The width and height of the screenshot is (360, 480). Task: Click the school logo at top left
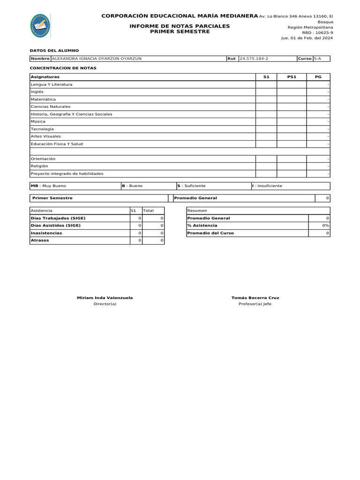40,26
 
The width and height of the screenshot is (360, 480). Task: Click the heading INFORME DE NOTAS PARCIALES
180,26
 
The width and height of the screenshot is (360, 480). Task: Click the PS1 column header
292,76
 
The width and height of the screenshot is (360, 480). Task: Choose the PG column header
318,76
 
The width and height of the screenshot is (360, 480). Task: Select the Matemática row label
43,99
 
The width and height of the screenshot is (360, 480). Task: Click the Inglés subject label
37,92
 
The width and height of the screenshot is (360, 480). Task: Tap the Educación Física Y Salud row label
56,144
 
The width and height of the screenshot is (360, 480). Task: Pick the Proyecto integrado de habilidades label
67,173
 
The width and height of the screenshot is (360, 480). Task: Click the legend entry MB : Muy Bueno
48,186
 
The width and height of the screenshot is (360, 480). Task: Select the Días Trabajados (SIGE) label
58,218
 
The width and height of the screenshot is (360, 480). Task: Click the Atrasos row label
39,240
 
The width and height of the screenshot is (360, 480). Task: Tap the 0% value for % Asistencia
325,225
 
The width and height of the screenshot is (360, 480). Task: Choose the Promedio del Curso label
210,233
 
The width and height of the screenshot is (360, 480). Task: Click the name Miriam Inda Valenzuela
105,298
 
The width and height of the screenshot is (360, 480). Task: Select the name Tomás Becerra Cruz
255,298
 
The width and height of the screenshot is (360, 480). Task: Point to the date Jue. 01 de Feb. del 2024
307,38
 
